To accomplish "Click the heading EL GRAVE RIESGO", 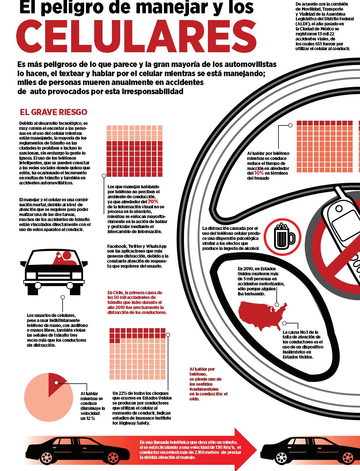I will (x=53, y=112).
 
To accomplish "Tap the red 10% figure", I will (x=259, y=173).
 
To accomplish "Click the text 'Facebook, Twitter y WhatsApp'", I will (x=137, y=246).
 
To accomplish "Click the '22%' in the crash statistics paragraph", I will (x=122, y=393).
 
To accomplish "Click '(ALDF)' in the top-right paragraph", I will (x=302, y=24).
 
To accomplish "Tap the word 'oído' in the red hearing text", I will (x=194, y=399).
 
